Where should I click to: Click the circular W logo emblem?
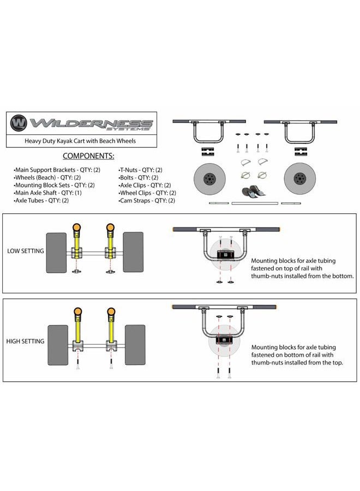[19, 123]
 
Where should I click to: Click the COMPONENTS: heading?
[88, 156]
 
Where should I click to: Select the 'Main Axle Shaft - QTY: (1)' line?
[47, 193]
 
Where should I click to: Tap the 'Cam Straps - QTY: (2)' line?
[147, 201]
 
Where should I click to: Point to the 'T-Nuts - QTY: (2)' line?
[140, 170]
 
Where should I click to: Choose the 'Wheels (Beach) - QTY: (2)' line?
[47, 177]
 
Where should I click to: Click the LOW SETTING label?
[25, 251]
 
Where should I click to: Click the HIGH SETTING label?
[25, 342]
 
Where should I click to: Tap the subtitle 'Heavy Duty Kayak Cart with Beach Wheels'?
[80, 141]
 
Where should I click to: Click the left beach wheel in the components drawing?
[209, 179]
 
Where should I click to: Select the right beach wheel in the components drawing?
[299, 178]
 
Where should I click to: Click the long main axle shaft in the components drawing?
[255, 203]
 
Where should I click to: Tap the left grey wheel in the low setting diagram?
[56, 253]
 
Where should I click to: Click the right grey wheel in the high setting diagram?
[135, 345]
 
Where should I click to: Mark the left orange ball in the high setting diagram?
[77, 312]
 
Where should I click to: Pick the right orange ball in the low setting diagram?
[110, 227]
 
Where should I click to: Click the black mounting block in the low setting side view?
[225, 255]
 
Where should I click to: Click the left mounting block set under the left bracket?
[207, 152]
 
